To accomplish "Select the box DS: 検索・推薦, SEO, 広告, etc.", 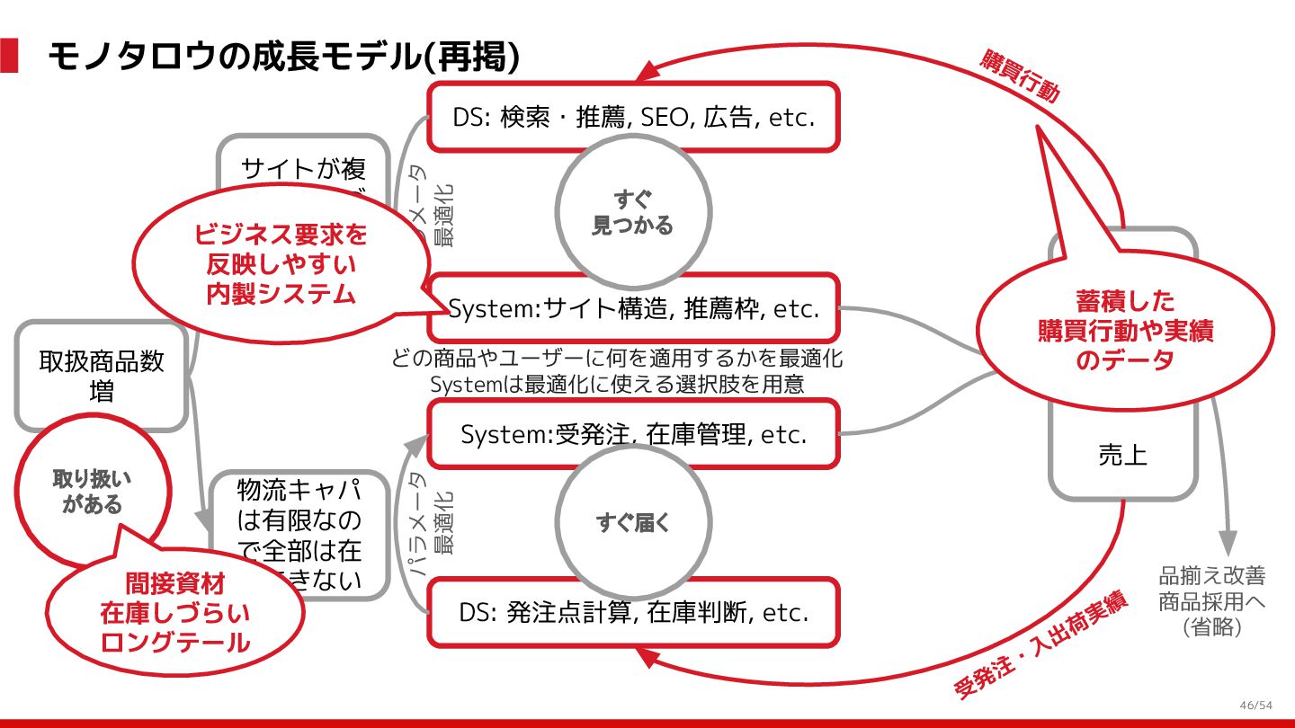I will pyautogui.click(x=633, y=117).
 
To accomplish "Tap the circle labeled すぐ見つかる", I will pyautogui.click(x=632, y=213).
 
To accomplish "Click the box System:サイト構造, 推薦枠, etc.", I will pyautogui.click(x=633, y=309).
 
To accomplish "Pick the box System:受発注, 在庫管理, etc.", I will pyautogui.click(x=633, y=435).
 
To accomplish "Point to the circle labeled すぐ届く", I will pyautogui.click(x=633, y=522).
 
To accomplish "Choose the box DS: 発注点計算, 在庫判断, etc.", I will pyautogui.click(x=633, y=613).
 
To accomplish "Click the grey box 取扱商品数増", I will pyautogui.click(x=102, y=376).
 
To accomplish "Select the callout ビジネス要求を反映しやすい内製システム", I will pyautogui.click(x=280, y=264).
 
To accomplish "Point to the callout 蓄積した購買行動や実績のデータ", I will pyautogui.click(x=1125, y=331).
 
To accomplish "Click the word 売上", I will pyautogui.click(x=1122, y=456).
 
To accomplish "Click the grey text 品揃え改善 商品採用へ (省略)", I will pyautogui.click(x=1211, y=600).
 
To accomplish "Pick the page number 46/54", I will pyautogui.click(x=1255, y=705).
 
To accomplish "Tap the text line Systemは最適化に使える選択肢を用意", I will pyautogui.click(x=617, y=384).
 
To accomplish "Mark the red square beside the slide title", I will pyautogui.click(x=9, y=56).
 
